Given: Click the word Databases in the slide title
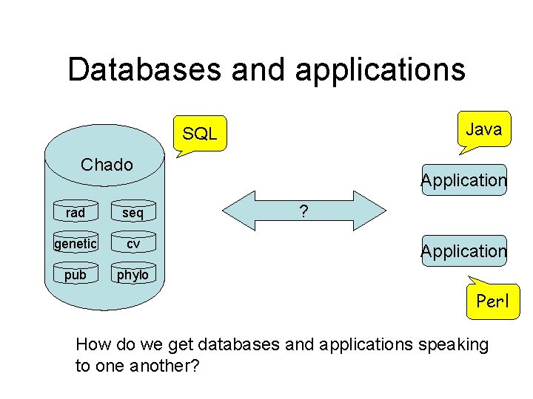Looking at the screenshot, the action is (x=145, y=69).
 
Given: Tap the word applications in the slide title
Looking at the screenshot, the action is (x=380, y=71).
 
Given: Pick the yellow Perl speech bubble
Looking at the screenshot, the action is (x=493, y=299).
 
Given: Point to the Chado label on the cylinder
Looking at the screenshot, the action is (x=107, y=165).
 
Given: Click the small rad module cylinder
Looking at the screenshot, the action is (x=76, y=211).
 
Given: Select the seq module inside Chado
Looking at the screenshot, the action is (x=133, y=211).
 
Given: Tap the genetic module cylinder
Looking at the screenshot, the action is (x=76, y=242).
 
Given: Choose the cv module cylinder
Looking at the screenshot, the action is (x=133, y=242).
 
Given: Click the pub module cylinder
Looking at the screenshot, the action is (x=76, y=273).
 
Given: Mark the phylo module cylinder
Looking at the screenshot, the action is (x=133, y=273).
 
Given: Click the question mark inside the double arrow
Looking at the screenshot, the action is (x=304, y=211).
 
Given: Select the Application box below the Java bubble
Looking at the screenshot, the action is (x=464, y=180).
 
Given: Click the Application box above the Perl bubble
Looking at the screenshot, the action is (x=464, y=250).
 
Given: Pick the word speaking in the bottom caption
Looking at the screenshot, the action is (x=454, y=345).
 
